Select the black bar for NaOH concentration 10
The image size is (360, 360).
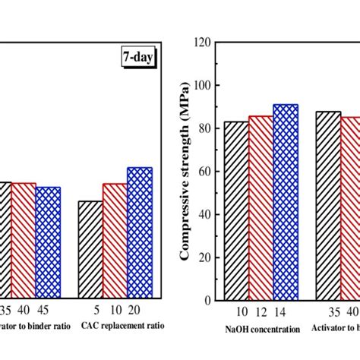235,210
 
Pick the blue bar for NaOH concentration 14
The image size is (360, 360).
286,202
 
